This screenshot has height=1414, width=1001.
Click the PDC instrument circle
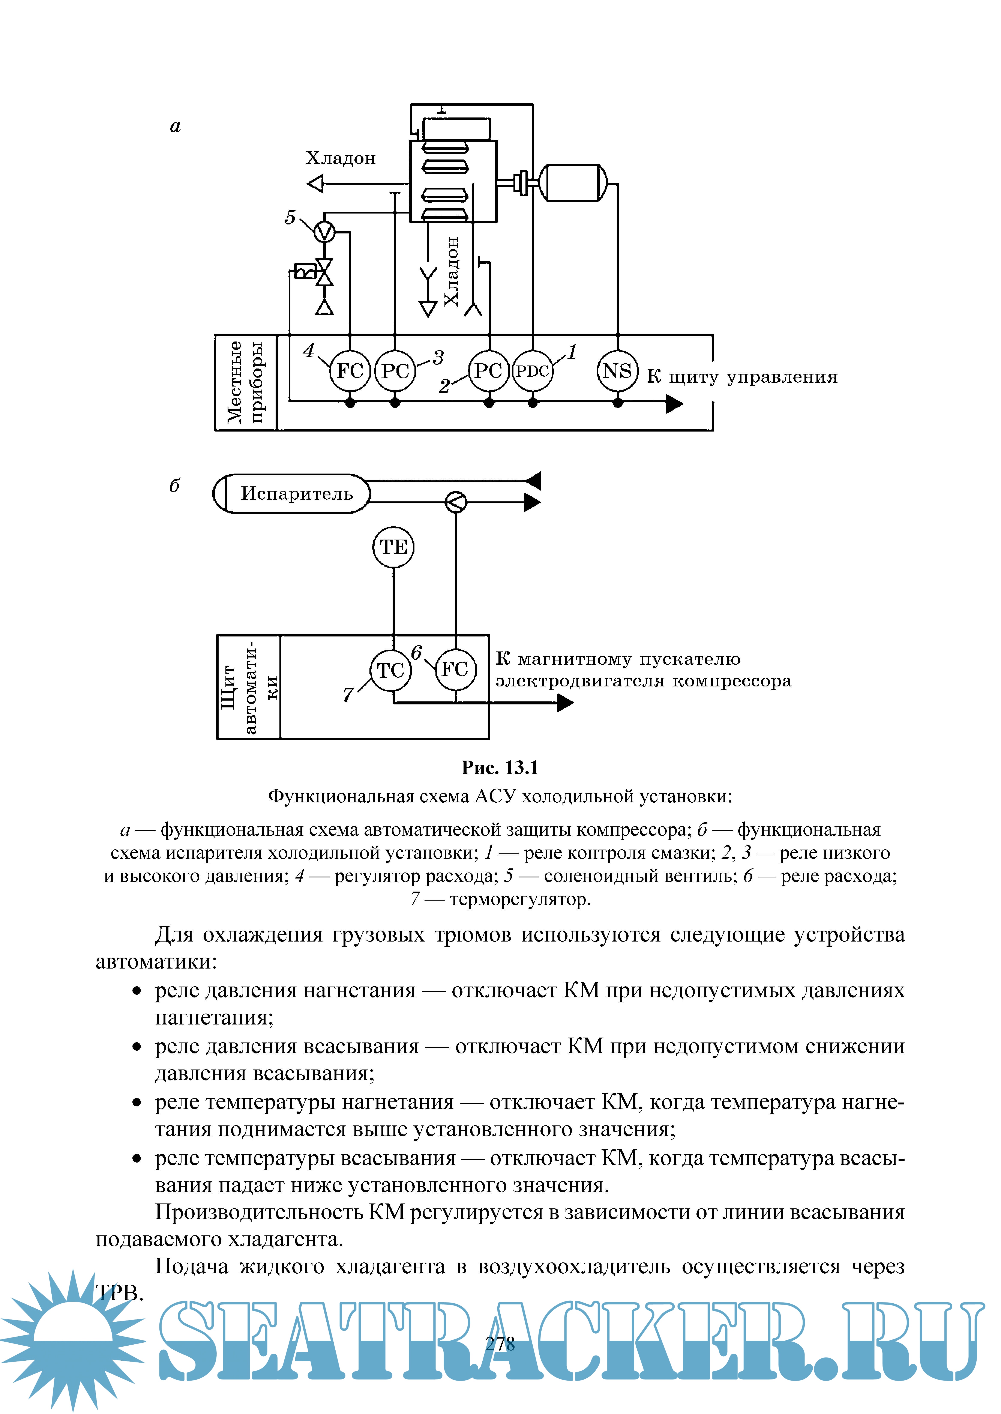533,371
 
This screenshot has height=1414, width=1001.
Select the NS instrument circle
617,371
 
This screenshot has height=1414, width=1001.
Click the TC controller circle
390,670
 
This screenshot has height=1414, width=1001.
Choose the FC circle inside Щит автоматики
456,669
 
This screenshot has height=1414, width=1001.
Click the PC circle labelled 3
395,371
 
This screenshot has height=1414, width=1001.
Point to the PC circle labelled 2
489,371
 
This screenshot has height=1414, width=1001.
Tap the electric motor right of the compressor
573,183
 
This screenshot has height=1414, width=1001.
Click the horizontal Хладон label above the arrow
340,158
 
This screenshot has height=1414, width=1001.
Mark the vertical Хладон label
452,271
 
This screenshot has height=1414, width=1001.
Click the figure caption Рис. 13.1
500,768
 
